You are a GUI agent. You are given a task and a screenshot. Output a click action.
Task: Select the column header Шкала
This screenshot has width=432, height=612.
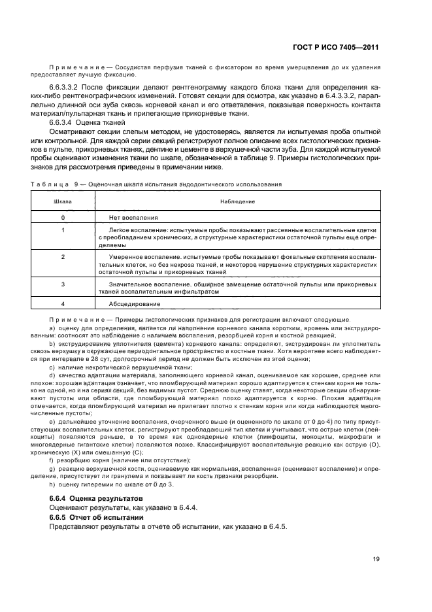click(63, 202)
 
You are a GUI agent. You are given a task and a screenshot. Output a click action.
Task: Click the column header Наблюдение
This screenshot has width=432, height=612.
click(237, 202)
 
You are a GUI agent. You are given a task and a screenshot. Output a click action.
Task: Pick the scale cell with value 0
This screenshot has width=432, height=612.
click(63, 216)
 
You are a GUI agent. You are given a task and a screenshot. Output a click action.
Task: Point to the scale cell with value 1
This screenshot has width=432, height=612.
click(63, 230)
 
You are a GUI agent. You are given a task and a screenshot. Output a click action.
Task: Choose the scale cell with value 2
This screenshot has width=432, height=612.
click(63, 257)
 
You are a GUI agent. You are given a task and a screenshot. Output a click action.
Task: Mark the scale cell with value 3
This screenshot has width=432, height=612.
click(63, 284)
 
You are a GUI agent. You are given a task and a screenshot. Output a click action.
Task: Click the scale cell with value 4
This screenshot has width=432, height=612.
click(63, 303)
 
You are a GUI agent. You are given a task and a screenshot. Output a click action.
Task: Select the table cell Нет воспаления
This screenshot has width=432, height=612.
click(135, 216)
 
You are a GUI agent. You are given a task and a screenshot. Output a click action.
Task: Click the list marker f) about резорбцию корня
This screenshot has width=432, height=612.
click(52, 460)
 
